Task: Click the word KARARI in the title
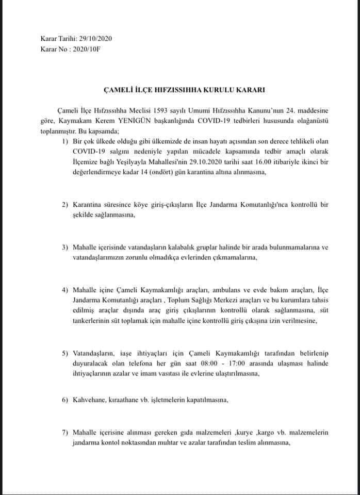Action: [250, 90]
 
